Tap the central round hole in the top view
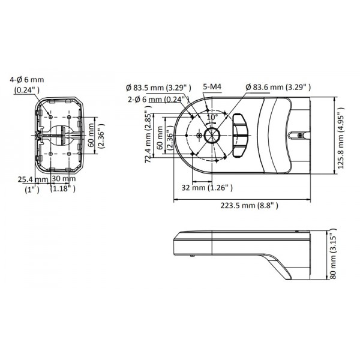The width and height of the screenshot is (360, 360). pos(212,136)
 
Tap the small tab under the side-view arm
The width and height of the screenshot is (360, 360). pos(194,257)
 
